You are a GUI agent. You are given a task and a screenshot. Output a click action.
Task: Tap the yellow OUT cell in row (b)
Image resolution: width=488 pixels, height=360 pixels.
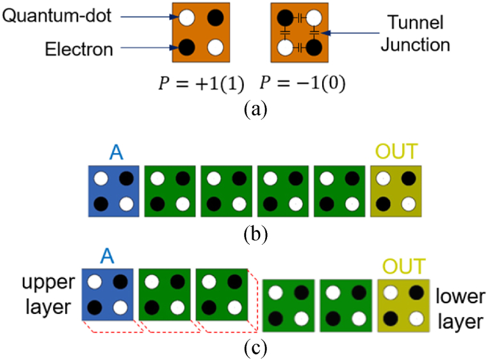[395, 190]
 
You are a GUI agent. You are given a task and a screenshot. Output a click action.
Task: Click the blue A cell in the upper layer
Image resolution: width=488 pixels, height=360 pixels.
[108, 293]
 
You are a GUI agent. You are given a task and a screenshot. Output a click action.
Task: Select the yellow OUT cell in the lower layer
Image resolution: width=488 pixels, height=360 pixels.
[402, 304]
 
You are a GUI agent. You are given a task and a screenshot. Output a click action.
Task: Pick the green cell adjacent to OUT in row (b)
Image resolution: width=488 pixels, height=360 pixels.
[339, 190]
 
